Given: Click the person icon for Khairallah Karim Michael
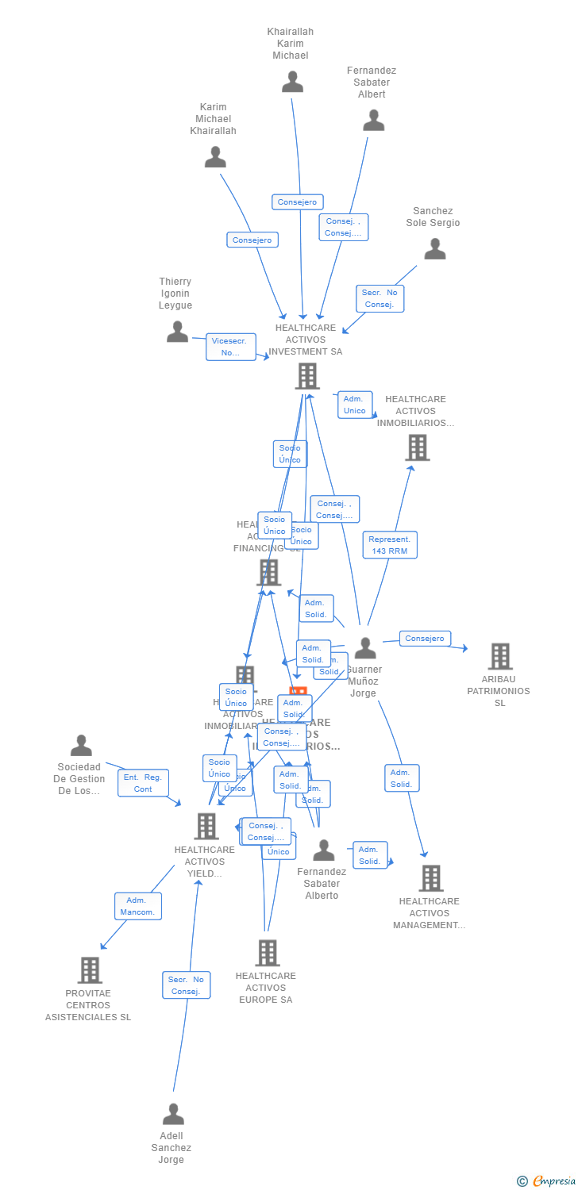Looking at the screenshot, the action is point(292,82).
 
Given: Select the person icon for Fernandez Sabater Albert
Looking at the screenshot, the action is point(373,121).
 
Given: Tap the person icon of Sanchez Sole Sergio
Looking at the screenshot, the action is point(434,249).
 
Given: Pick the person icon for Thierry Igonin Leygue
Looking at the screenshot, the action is point(177,332).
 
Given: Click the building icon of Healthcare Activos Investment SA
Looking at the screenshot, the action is point(306,376).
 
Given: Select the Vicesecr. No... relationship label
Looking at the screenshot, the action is point(230,347).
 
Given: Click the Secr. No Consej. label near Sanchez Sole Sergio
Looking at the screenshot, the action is point(380,298).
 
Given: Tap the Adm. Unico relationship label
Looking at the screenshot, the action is point(354,405).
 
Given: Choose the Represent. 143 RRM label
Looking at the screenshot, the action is point(389,545).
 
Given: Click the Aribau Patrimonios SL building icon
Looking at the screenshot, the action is point(499,656).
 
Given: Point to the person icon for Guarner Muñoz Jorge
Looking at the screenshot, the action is point(364,648).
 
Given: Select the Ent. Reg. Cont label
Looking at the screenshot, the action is point(143,783).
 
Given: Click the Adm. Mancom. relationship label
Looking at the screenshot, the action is point(137,906).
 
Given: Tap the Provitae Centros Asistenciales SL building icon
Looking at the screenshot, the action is point(89,969).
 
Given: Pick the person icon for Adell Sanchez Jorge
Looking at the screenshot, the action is point(172,1114).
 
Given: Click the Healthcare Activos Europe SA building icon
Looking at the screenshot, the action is point(267,953).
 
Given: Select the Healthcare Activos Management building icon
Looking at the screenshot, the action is point(430,877).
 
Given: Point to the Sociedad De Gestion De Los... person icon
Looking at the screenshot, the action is point(81,746).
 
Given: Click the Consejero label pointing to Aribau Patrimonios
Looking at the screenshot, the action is point(425,639).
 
